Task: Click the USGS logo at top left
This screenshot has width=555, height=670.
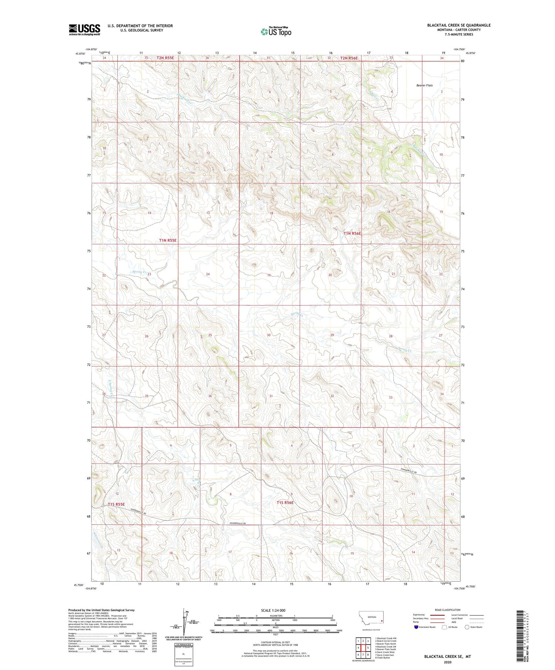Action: pyautogui.click(x=84, y=30)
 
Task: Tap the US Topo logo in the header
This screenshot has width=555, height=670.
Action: pyautogui.click(x=276, y=32)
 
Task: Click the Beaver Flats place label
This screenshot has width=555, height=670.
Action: pyautogui.click(x=424, y=85)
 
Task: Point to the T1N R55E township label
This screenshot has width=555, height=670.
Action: pyautogui.click(x=168, y=240)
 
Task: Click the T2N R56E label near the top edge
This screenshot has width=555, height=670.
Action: pyautogui.click(x=349, y=58)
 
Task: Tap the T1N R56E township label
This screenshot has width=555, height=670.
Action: pyautogui.click(x=351, y=233)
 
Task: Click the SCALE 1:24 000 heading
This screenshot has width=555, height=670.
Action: pyautogui.click(x=273, y=610)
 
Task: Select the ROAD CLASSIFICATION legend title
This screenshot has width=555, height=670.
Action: pyautogui.click(x=448, y=610)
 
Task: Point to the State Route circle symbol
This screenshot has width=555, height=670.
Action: pyautogui.click(x=467, y=627)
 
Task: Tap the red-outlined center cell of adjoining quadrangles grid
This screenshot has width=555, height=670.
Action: pyautogui.click(x=363, y=645)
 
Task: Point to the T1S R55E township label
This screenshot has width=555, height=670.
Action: pyautogui.click(x=116, y=504)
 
